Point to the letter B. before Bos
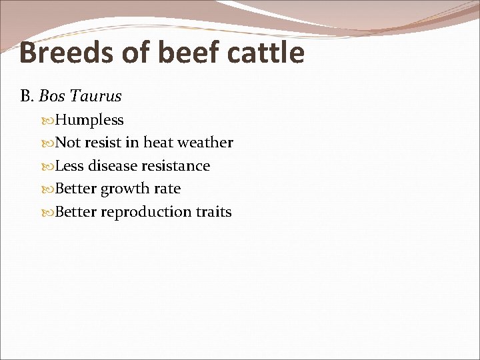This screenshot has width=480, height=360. [27, 97]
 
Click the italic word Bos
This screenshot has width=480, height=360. [51, 97]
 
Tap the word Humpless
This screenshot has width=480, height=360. [89, 121]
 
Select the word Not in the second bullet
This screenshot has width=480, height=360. [67, 143]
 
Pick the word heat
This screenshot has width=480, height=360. [159, 143]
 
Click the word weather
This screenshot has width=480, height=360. [205, 143]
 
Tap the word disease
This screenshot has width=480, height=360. [114, 166]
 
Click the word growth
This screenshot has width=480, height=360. [125, 189]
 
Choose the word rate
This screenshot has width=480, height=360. [167, 189]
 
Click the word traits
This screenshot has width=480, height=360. [214, 213]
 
